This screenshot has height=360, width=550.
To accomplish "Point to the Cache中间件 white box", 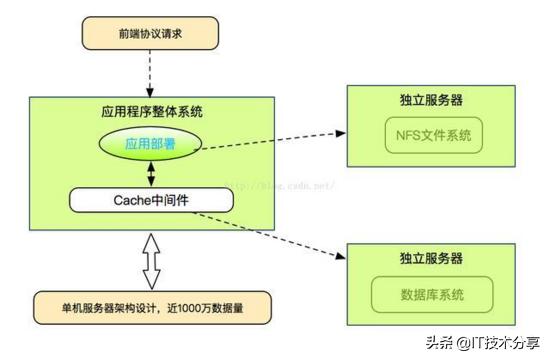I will pyautogui.click(x=151, y=198).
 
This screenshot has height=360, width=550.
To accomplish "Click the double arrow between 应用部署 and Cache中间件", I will pyautogui.click(x=151, y=173).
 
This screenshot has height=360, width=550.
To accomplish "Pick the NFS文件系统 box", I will pyautogui.click(x=433, y=134).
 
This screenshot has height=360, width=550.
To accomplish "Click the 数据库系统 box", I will pyautogui.click(x=432, y=294).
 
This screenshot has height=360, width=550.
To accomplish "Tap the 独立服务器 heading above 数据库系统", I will pyautogui.click(x=432, y=258).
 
